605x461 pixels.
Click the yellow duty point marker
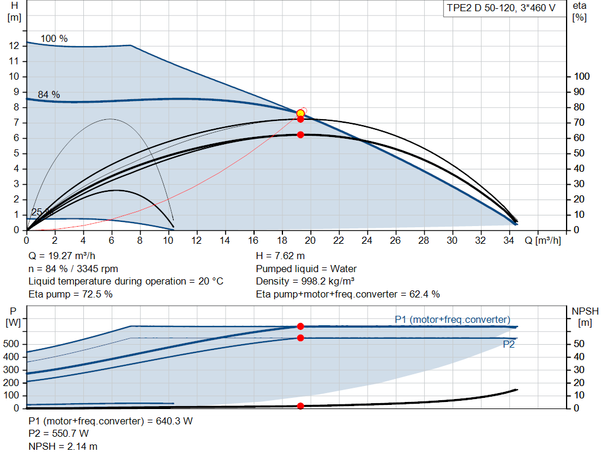point(301,113)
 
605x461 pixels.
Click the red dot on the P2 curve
point(301,338)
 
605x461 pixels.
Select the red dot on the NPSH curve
point(301,406)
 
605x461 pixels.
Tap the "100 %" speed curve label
point(54,38)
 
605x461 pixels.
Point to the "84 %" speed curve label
point(48,95)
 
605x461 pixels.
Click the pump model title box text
point(501,8)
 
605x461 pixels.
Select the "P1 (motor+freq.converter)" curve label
point(452,319)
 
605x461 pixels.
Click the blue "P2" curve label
point(509,344)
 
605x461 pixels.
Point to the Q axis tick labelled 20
point(310,240)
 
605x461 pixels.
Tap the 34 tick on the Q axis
point(509,240)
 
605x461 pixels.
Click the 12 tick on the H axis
point(14,46)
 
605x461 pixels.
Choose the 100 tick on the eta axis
point(582,76)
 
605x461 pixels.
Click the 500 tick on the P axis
point(11,344)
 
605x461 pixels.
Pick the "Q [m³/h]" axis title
point(542,240)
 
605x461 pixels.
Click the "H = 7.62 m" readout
point(280,256)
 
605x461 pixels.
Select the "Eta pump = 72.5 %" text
point(71,295)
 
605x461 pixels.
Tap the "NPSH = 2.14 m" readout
point(63,446)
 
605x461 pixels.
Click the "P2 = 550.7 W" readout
point(58,434)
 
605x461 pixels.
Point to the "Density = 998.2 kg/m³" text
point(305,282)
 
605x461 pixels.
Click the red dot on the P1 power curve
point(301,326)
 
